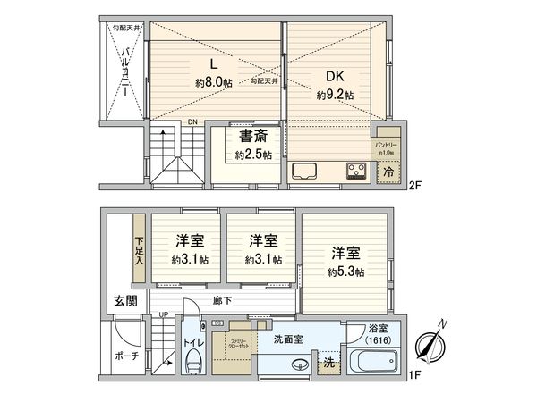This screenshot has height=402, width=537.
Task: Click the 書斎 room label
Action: click(250, 138)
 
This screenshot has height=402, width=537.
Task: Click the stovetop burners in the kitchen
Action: click(355, 169)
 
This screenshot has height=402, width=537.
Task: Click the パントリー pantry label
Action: click(386, 143)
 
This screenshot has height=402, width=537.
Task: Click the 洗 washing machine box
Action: click(328, 364)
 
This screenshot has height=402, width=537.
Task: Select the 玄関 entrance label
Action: click(125, 301)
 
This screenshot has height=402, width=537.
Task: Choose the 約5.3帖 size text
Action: click(345, 272)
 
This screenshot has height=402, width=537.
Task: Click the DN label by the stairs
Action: click(192, 123)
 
